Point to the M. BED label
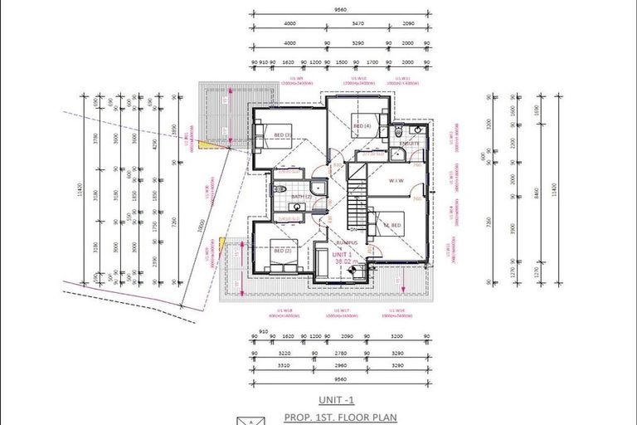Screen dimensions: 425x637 click(391, 225)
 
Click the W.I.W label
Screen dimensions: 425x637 click(394, 180)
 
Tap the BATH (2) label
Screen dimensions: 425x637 click(300, 197)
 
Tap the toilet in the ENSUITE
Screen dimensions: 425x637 click(398, 131)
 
